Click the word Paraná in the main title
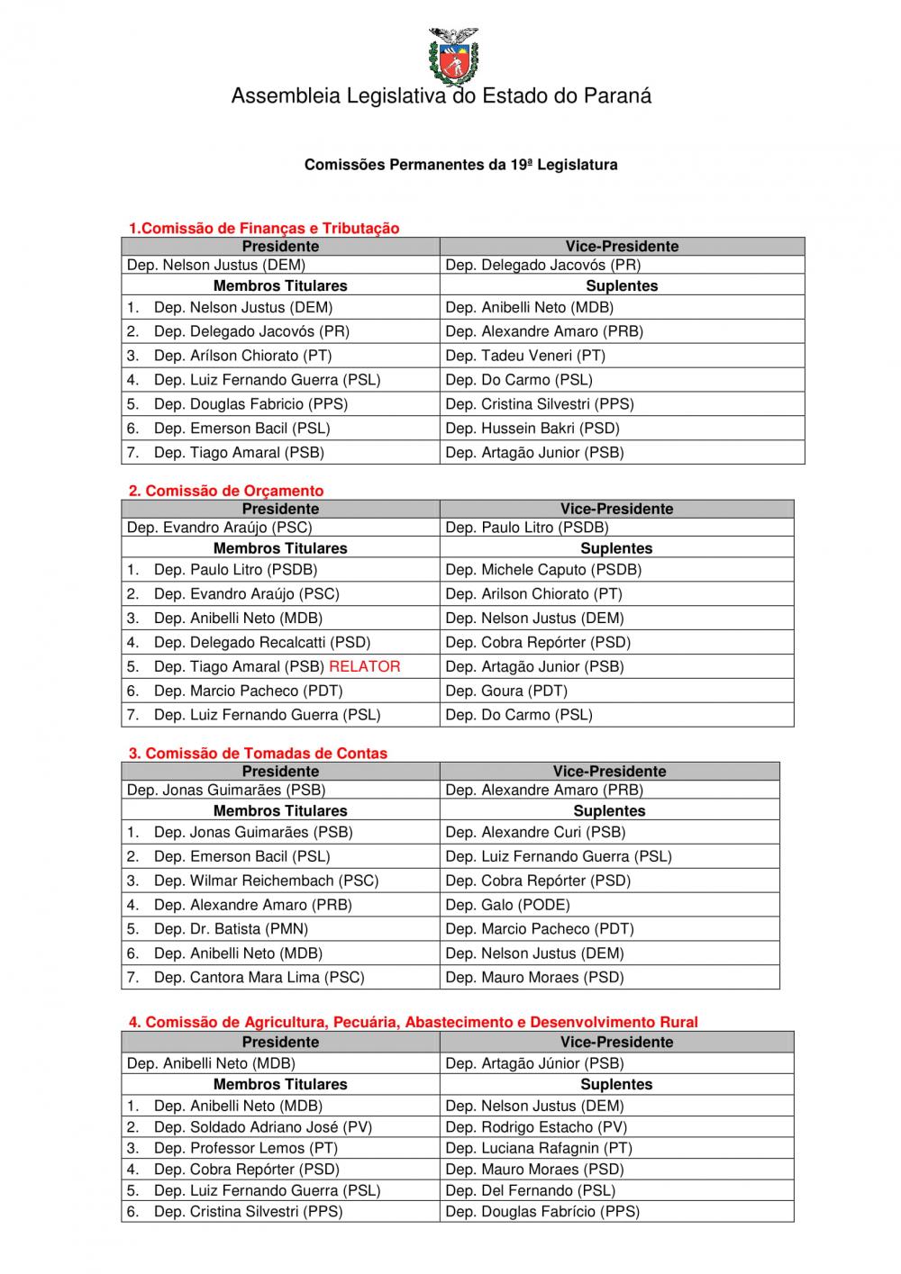click(x=616, y=95)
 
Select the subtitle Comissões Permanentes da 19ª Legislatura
click(x=460, y=165)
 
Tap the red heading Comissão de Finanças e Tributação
click(x=264, y=228)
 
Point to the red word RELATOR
click(x=365, y=666)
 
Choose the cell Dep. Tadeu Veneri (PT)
click(x=525, y=356)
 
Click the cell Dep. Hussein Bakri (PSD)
click(x=532, y=429)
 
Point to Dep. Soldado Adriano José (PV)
click(x=262, y=1126)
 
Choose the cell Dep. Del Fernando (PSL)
click(x=531, y=1190)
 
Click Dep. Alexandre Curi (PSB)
click(x=535, y=832)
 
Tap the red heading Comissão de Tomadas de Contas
click(x=259, y=753)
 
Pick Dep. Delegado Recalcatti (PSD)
click(x=262, y=642)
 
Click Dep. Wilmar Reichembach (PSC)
click(x=266, y=881)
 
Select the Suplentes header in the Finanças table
click(x=622, y=285)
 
